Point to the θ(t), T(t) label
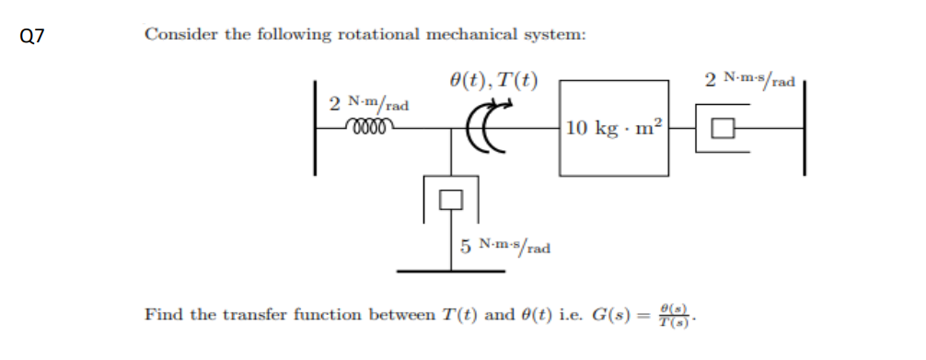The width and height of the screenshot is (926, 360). coord(492,80)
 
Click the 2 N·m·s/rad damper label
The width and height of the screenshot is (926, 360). coord(749,81)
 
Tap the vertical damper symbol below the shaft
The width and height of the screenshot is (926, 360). coord(450,196)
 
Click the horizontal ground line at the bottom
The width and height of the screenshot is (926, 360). coord(450,271)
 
